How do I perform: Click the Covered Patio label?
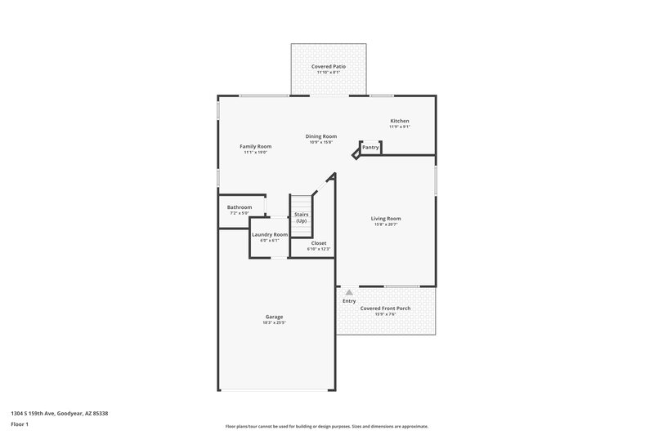tap(328, 66)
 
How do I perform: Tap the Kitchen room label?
tap(399, 121)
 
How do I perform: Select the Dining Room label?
tap(321, 136)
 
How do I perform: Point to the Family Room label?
tap(255, 146)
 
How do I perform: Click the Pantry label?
tap(370, 147)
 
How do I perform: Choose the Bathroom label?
tap(240, 207)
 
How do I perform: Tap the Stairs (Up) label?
tap(301, 218)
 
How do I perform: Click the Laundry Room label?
tap(270, 234)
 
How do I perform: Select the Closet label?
tap(318, 242)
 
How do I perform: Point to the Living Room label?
tap(386, 218)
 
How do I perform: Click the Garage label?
tap(274, 317)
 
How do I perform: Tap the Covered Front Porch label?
tap(386, 308)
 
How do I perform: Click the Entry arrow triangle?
tap(349, 291)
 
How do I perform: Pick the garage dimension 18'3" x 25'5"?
tap(274, 322)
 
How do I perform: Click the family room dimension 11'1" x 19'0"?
tap(255, 152)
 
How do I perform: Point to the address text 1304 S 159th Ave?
tap(59, 413)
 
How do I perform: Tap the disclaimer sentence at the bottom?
tap(326, 426)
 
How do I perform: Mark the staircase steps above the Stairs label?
tap(302, 203)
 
